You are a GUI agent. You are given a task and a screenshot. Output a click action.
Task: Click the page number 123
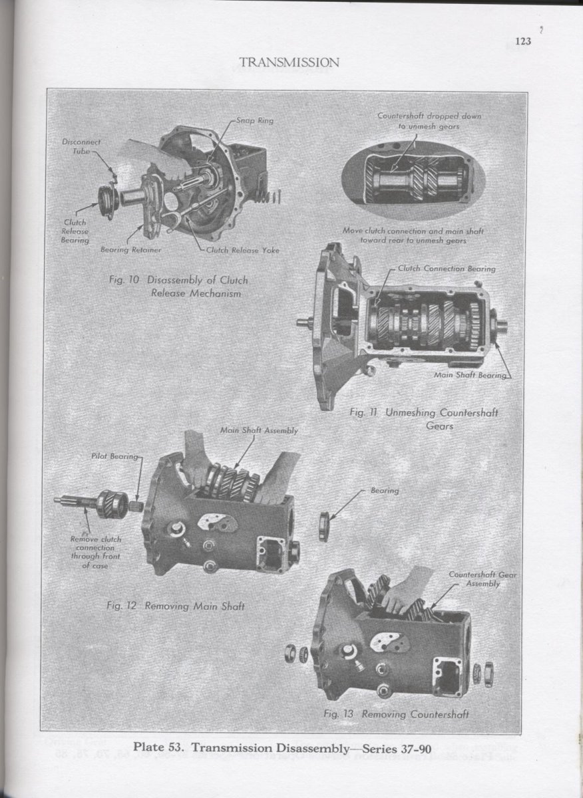(x=523, y=41)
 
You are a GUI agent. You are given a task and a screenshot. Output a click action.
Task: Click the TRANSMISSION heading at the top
(x=289, y=63)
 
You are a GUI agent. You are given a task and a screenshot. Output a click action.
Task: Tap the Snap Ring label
(x=255, y=121)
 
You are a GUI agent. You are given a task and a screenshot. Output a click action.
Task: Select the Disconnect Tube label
(x=81, y=146)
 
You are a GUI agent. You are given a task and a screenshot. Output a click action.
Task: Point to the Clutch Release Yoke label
(x=243, y=250)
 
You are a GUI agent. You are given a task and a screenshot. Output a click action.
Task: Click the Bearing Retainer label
(x=130, y=250)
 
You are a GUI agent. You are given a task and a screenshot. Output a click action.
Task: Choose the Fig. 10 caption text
(x=178, y=287)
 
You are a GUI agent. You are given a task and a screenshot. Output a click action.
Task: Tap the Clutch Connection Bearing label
(x=447, y=269)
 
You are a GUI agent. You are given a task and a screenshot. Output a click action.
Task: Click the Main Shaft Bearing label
(x=470, y=375)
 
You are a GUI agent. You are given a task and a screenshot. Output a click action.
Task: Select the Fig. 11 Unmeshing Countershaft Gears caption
(x=425, y=420)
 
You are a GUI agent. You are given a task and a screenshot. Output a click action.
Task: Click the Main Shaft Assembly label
(x=259, y=430)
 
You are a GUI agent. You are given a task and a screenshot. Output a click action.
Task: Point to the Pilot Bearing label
(x=114, y=456)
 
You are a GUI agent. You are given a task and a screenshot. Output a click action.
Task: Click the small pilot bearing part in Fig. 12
(x=137, y=505)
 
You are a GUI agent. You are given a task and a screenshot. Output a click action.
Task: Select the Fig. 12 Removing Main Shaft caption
(x=176, y=606)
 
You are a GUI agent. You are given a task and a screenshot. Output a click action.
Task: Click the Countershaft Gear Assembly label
(x=483, y=579)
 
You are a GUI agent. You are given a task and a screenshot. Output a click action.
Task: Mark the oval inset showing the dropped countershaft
(x=414, y=179)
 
